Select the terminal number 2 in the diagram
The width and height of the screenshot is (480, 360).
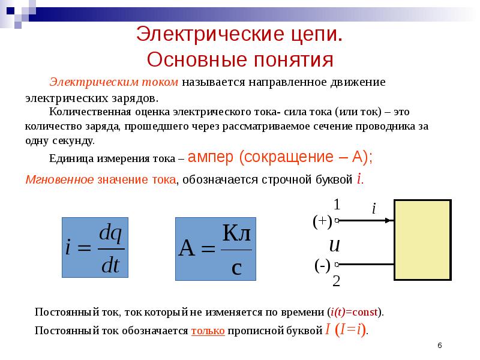point(337,280)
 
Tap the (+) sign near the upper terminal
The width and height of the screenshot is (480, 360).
point(322,221)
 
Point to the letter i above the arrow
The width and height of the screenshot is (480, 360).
point(373,209)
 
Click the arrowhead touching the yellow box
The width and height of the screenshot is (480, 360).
point(390,221)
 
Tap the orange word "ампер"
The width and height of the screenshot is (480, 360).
point(212,158)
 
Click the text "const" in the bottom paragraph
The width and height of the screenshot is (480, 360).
point(365,313)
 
